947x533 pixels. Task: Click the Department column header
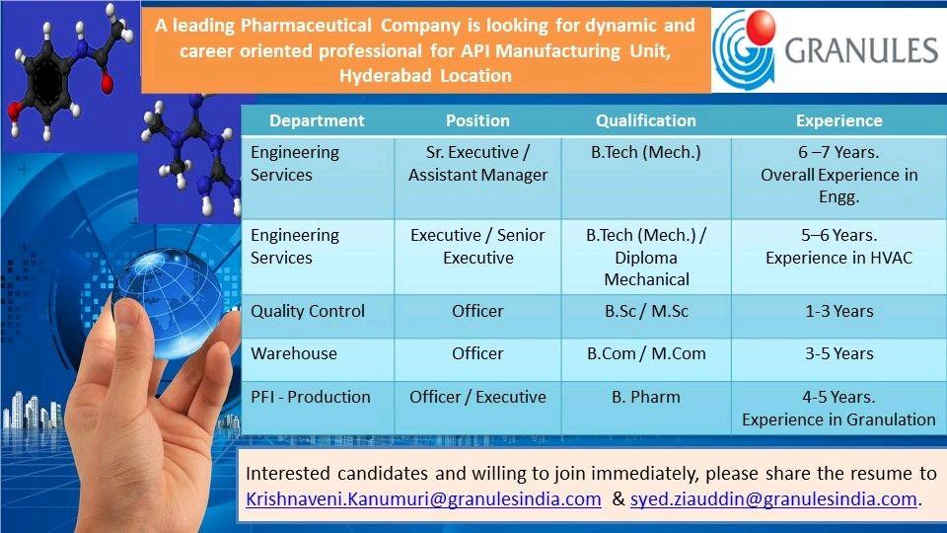point(317,120)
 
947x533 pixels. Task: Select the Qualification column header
point(645,120)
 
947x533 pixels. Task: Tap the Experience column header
point(838,120)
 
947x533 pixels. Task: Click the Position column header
point(477,120)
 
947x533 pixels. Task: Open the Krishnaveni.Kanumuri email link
point(423,499)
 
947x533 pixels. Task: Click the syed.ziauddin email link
point(773,499)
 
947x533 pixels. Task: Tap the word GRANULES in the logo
point(861,50)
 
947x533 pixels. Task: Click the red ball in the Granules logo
point(761,28)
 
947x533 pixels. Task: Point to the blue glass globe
point(169,303)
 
